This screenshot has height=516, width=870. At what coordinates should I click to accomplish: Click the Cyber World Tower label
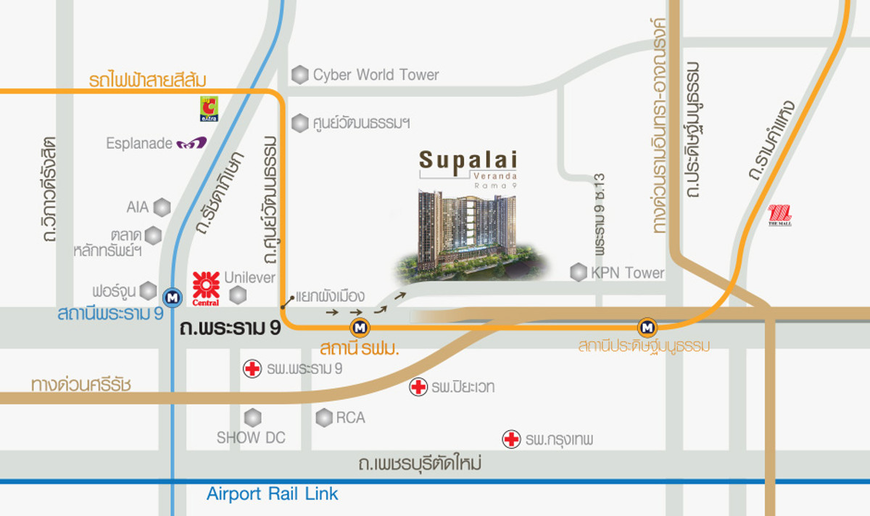(x=376, y=75)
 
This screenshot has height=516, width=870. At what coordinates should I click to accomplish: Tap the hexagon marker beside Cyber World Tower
(x=299, y=75)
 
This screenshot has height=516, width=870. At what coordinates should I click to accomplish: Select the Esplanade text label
(x=139, y=144)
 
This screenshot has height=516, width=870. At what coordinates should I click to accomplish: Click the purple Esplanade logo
(x=191, y=144)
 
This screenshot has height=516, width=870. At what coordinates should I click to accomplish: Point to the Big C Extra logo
(x=209, y=109)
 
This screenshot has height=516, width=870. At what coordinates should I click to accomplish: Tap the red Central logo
(x=206, y=288)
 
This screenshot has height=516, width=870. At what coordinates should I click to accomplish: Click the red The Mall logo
(x=779, y=216)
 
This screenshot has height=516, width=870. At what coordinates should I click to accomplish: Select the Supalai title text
(x=468, y=158)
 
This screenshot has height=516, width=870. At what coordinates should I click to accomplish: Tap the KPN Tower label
(x=627, y=273)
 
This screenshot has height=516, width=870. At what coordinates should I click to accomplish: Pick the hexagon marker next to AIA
(x=162, y=208)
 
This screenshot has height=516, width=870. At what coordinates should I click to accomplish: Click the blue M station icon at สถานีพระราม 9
(x=172, y=296)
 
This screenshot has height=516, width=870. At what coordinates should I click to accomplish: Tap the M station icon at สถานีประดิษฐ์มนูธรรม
(x=647, y=327)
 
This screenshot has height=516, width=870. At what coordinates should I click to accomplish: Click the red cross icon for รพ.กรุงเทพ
(x=511, y=439)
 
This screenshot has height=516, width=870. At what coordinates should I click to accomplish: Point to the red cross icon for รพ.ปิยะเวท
(x=418, y=387)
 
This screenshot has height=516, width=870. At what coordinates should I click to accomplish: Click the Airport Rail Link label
(x=273, y=494)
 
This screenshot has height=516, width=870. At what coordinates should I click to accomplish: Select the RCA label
(x=350, y=418)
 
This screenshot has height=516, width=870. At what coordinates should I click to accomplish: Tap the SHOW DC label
(x=251, y=438)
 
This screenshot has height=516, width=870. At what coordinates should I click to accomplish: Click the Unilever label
(x=250, y=277)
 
